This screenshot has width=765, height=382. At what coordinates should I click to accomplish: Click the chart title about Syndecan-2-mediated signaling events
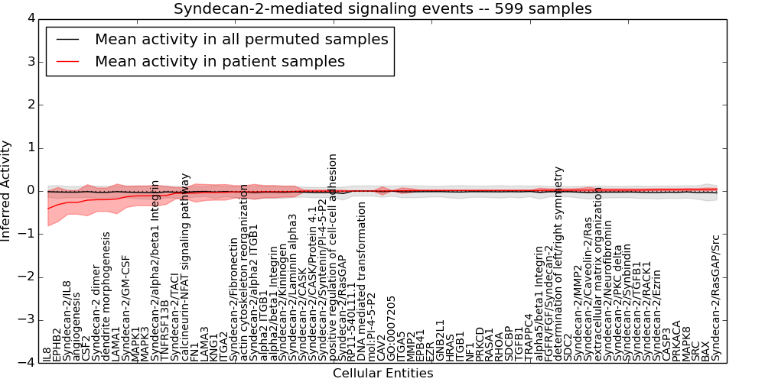click(382, 9)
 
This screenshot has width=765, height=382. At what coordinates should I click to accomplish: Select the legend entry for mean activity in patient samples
click(220, 61)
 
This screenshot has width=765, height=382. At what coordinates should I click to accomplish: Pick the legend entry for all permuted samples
click(241, 39)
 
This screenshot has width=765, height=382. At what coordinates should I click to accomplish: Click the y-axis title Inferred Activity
click(7, 191)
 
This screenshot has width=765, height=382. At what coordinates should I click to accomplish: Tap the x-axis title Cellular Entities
click(382, 374)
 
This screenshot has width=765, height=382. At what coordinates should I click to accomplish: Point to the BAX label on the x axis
click(705, 350)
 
